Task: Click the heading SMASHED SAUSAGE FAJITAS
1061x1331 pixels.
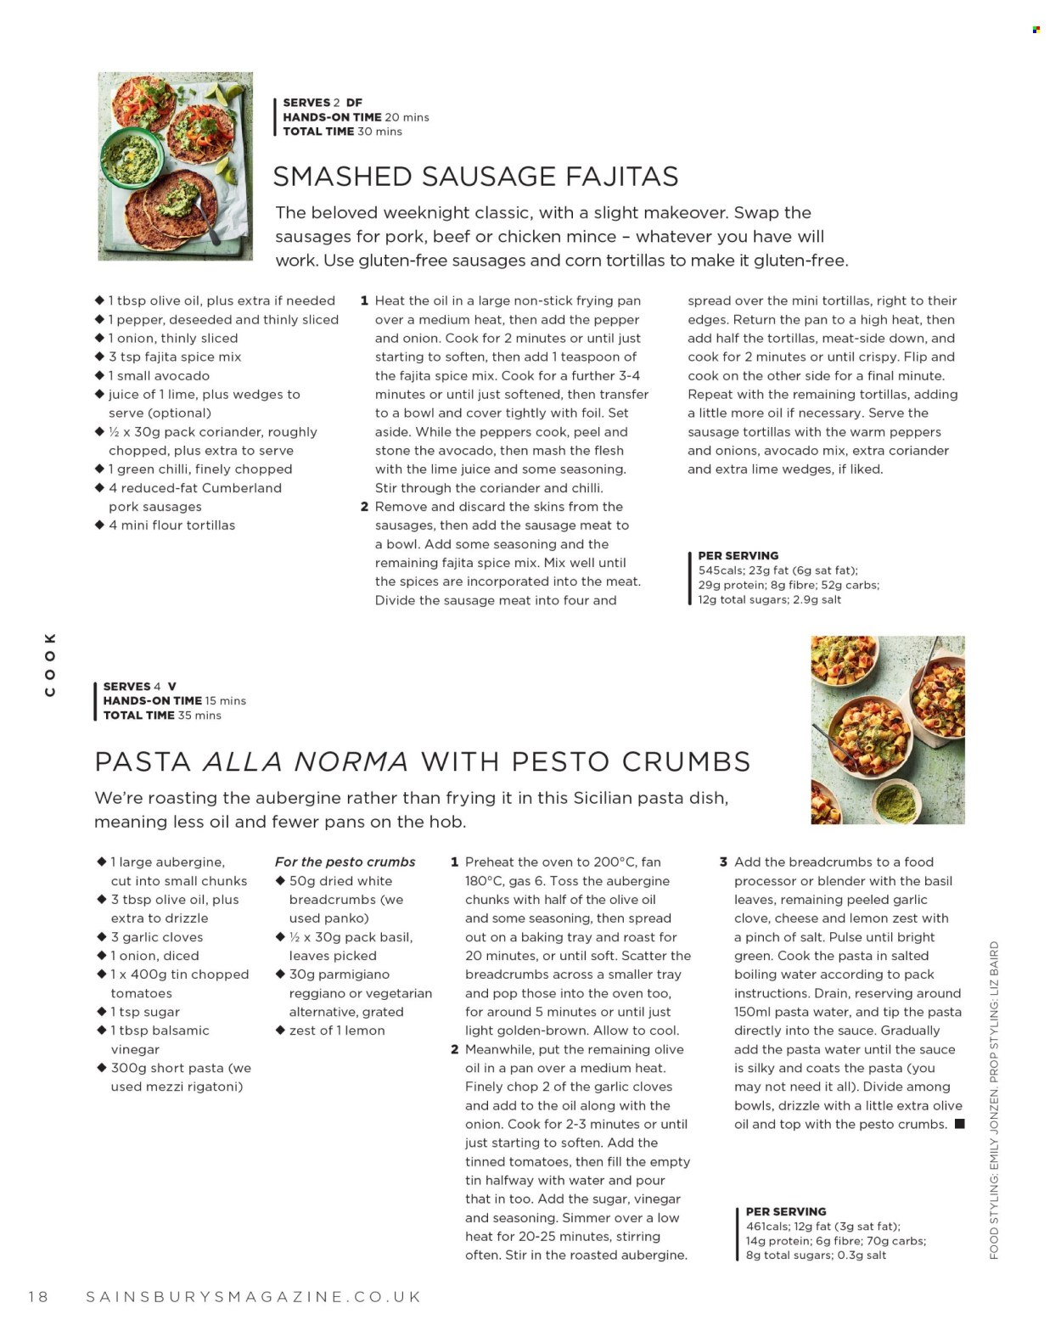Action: [475, 177]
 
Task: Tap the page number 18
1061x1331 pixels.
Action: [38, 1296]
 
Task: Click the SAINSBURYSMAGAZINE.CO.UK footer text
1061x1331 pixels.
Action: [254, 1296]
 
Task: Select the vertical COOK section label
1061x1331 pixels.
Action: [50, 664]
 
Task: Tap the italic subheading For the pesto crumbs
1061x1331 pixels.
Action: [345, 862]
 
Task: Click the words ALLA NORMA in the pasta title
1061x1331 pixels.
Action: [306, 761]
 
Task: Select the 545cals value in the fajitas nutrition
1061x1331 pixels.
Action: [719, 570]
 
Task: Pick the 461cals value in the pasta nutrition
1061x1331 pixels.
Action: [767, 1226]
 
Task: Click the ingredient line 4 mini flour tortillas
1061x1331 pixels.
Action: [171, 525]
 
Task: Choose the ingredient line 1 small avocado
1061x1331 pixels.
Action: [158, 375]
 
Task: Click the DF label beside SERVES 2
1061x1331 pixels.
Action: [354, 103]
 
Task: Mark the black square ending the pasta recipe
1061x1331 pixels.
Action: [960, 1124]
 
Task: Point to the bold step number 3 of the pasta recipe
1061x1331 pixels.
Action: [723, 862]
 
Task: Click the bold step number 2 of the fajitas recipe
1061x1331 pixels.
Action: [364, 507]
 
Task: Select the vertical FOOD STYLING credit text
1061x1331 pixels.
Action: [994, 1100]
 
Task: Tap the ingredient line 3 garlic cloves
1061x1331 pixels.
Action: [156, 937]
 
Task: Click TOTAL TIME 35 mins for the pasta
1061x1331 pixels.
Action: [162, 716]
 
